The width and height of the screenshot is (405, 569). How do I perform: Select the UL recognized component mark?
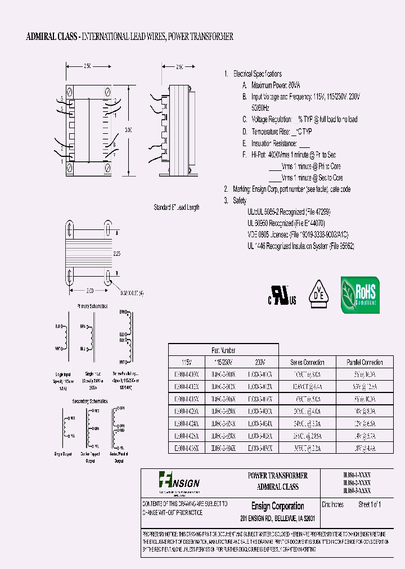(281, 295)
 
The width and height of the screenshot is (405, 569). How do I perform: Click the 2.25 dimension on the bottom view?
(116, 254)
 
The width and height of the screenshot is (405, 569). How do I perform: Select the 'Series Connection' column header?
(308, 363)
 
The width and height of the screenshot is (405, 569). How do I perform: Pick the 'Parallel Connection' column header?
(363, 363)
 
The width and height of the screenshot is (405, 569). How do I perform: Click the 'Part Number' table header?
(223, 350)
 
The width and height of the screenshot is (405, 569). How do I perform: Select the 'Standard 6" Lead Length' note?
(177, 207)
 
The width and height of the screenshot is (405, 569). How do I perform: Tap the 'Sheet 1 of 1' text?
(370, 505)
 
